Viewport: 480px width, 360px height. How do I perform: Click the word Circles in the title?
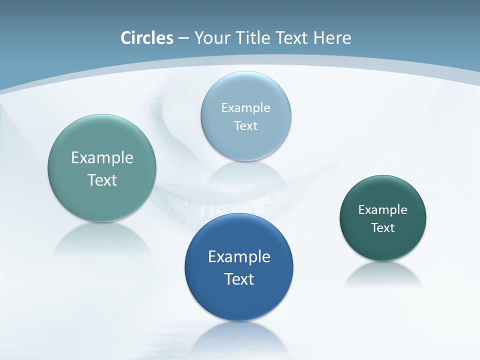tap(147, 38)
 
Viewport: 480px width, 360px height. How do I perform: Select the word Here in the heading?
tap(332, 38)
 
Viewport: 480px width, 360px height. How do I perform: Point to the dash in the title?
tap(183, 38)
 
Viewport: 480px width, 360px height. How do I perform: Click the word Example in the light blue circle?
tap(246, 107)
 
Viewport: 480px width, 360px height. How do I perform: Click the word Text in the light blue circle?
tap(246, 125)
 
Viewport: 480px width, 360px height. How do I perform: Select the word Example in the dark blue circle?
tap(239, 256)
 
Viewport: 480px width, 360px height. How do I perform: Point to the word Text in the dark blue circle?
tap(239, 279)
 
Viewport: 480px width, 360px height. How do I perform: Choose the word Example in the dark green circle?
tap(383, 209)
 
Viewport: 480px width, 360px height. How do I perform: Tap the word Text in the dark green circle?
tap(383, 227)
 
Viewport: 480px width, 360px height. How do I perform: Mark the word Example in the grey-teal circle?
tap(102, 157)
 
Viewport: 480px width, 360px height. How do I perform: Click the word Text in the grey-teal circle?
tap(102, 180)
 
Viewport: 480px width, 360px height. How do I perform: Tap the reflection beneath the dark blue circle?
tap(239, 337)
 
